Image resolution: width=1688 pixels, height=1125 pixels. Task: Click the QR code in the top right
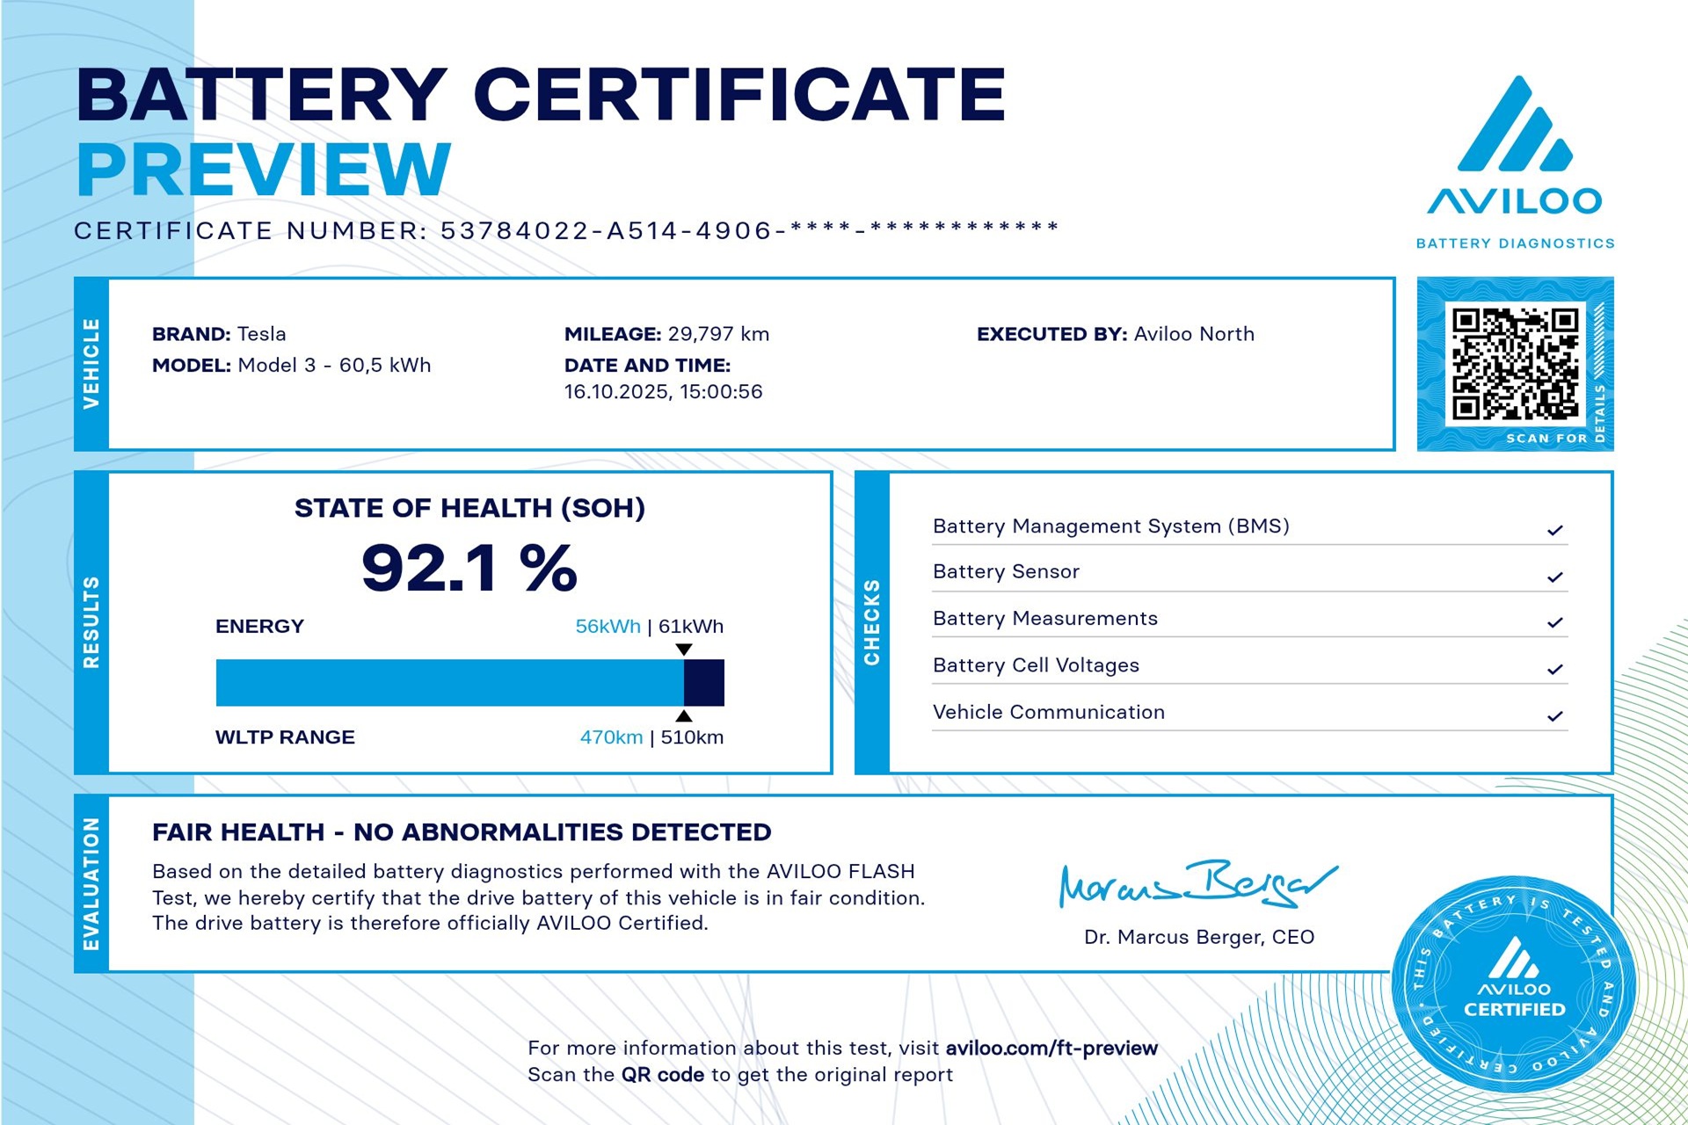point(1515,363)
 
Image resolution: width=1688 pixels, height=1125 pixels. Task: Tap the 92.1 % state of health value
point(469,568)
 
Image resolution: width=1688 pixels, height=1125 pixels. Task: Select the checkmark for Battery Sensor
point(1554,577)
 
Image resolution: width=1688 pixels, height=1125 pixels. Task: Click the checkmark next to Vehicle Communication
point(1554,716)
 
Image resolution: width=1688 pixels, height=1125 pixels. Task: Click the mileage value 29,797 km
point(718,334)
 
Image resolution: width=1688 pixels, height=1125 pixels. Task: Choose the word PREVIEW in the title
point(264,169)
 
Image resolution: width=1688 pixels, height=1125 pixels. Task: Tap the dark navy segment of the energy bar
point(704,683)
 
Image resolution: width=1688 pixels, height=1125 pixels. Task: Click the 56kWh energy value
point(608,627)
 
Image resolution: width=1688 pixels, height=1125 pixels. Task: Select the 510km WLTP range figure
point(692,737)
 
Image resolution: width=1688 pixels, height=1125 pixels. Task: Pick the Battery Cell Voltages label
point(1036,665)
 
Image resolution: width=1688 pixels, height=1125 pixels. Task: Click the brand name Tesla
point(262,334)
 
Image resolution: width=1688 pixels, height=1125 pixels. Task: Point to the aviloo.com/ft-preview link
point(1051,1049)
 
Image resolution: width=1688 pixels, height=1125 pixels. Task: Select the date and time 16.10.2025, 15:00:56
point(663,392)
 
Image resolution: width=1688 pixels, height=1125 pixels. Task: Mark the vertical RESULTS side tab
point(91,622)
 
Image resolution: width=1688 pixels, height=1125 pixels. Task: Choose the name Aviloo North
point(1194,334)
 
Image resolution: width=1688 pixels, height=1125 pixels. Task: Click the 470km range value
point(611,737)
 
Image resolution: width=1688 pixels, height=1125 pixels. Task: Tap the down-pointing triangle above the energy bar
point(683,650)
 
